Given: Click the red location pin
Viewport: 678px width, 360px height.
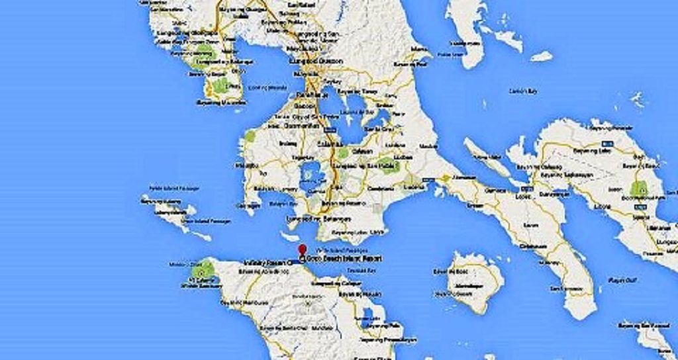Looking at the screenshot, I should click(303, 250).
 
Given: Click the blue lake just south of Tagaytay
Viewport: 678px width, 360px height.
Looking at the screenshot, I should click(309, 175).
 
